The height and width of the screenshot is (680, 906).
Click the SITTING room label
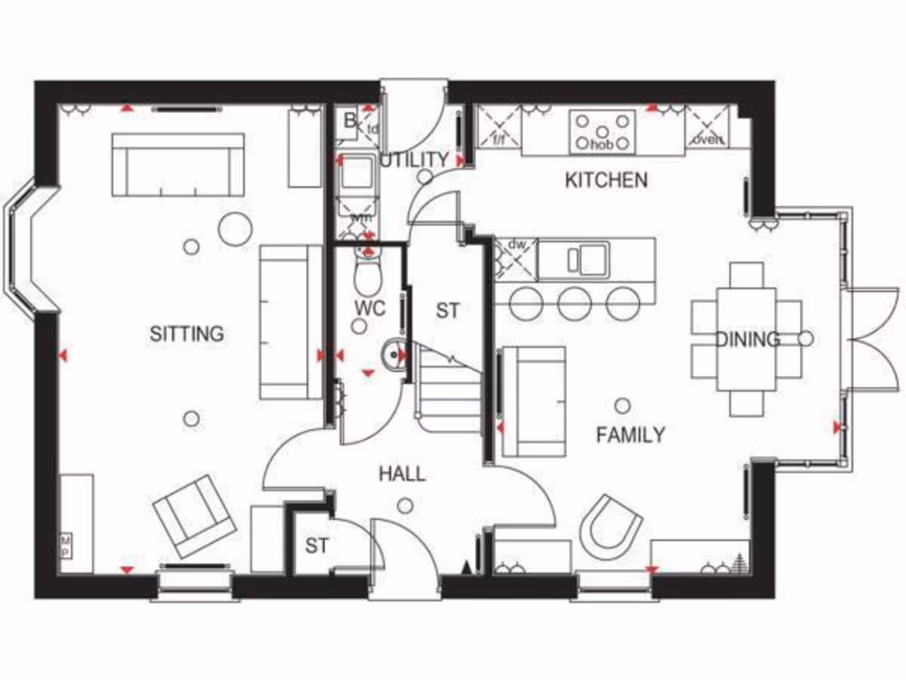187,334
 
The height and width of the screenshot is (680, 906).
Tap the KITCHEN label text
606,181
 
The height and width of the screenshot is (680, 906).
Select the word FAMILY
630,435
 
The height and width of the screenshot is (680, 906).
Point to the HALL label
403,474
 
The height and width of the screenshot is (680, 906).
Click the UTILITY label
414,160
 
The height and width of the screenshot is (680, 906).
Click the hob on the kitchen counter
603,131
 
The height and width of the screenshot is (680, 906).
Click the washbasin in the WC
393,355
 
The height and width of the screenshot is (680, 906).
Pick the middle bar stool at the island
575,304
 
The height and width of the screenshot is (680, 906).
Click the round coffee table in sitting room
235,229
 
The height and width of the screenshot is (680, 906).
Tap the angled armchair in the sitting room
194,516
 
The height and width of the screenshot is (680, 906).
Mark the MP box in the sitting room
65,545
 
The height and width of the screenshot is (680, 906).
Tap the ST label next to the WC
448,311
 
